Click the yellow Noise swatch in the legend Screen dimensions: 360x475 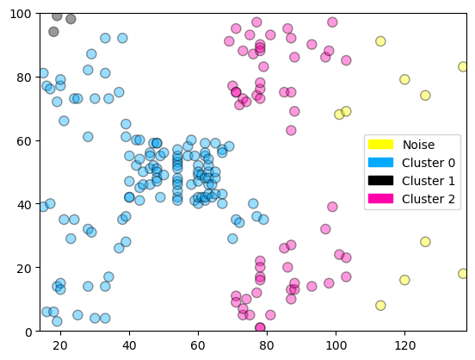(x=379, y=145)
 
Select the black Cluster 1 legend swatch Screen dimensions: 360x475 (x=379, y=180)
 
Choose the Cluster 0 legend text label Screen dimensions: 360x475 (x=429, y=163)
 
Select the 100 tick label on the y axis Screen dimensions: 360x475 (x=20, y=14)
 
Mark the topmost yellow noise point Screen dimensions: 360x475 (x=380, y=41)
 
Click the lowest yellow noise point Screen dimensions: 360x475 (x=380, y=305)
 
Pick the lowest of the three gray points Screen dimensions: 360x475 (x=53, y=32)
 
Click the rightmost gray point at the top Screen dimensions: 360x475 (x=71, y=19)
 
